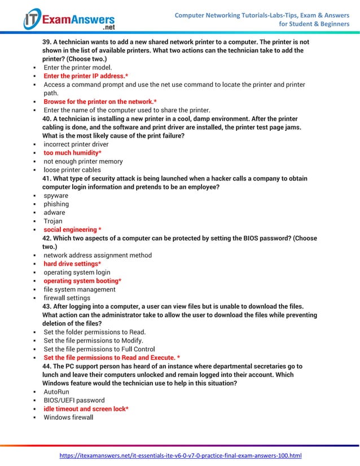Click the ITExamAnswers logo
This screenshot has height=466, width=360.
click(69, 20)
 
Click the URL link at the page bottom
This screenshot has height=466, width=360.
click(181, 455)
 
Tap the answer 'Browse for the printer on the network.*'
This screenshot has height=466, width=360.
click(100, 102)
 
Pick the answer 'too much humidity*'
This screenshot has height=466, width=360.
click(72, 153)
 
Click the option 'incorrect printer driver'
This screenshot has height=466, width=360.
click(76, 144)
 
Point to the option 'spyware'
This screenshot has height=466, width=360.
click(56, 196)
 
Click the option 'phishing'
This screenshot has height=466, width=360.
click(56, 204)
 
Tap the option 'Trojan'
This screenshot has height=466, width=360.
click(53, 221)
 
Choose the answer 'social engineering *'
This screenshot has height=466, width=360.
click(72, 230)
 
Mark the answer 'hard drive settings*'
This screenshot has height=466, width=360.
click(72, 264)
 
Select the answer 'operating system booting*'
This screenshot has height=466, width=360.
click(82, 281)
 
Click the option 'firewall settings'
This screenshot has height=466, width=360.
click(67, 298)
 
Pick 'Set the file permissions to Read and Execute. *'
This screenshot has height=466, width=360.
click(112, 358)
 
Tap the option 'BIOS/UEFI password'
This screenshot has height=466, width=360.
click(74, 400)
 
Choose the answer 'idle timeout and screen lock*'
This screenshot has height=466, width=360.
click(86, 408)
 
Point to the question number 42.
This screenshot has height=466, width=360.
click(47, 239)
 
